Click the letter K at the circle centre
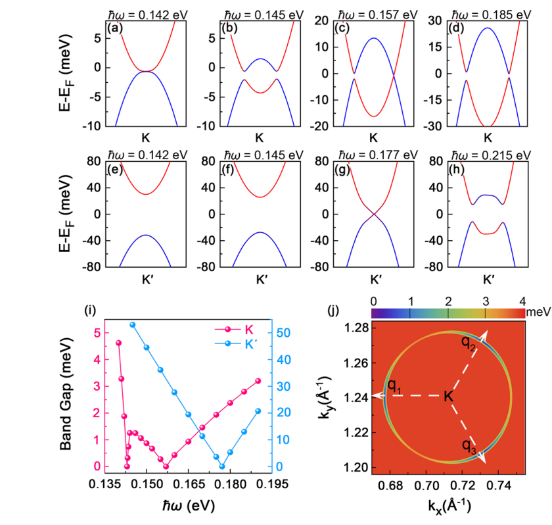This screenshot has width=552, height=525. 449,395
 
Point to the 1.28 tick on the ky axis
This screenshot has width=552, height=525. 357,328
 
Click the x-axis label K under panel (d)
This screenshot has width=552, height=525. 488,137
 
